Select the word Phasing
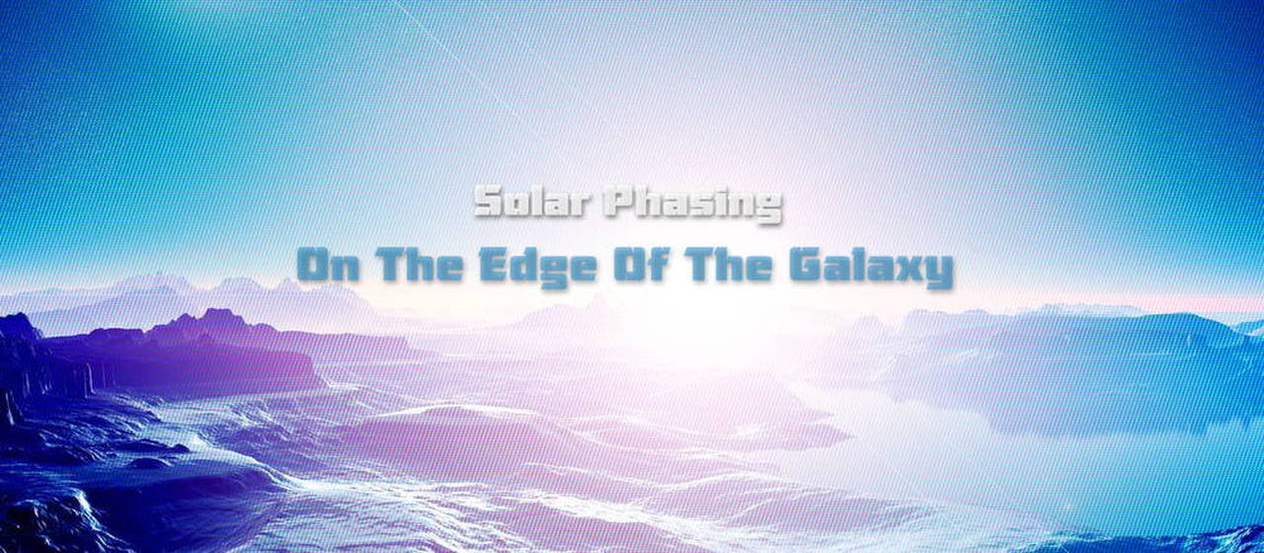coord(693,204)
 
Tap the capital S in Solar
coord(489,201)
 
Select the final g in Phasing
coord(767,209)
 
